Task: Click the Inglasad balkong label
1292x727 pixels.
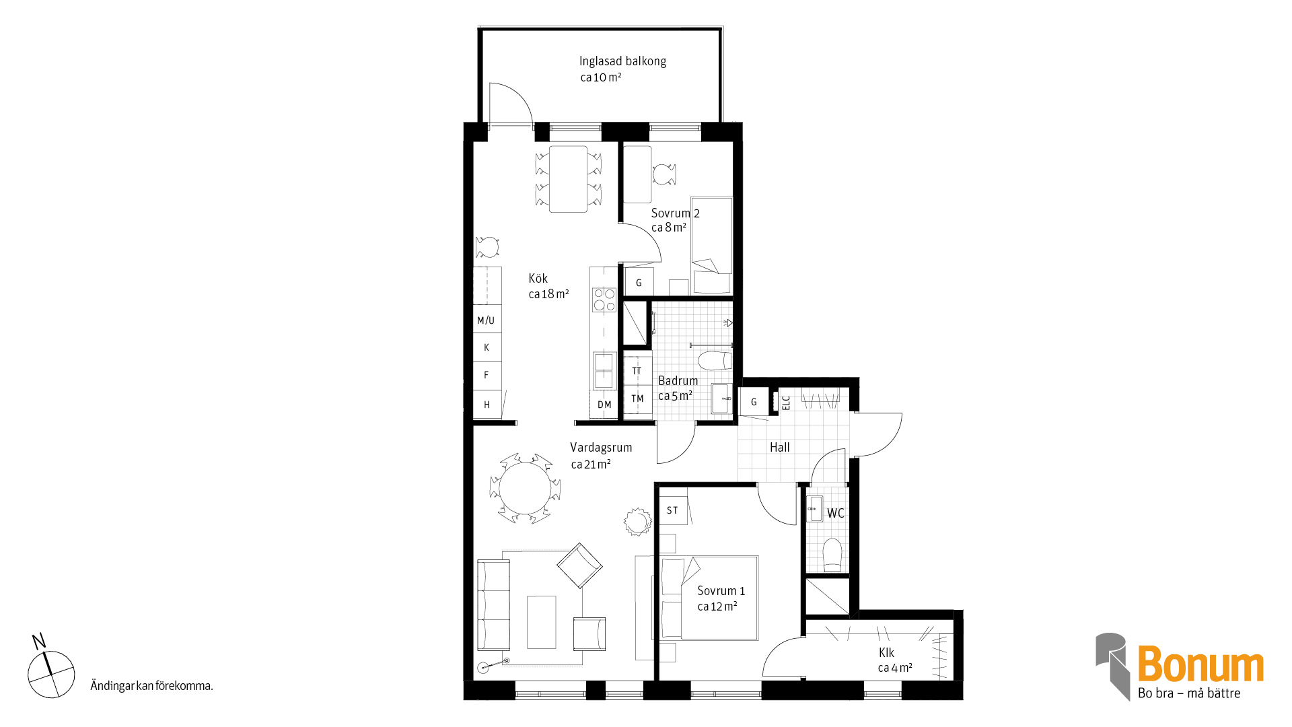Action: pos(622,61)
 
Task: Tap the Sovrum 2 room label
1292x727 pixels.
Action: pos(675,213)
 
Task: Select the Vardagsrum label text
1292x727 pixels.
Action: pos(601,448)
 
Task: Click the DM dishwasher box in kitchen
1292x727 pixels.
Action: pos(604,405)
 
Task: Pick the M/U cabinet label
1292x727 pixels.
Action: pos(486,320)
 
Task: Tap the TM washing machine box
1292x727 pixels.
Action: pos(637,399)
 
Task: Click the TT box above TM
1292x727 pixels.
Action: pos(637,370)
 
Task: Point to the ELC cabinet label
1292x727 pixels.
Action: pos(786,403)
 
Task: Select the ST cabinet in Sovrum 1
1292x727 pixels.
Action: pos(673,510)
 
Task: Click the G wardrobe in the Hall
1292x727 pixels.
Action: pos(754,402)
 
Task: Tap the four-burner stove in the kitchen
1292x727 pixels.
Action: pos(604,300)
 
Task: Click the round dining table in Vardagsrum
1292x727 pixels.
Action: pos(525,489)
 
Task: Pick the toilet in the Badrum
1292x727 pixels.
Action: pos(715,361)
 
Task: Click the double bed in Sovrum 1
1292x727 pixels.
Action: pos(709,598)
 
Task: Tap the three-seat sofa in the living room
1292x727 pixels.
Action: pos(493,604)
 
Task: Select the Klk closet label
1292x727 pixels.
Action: pos(886,652)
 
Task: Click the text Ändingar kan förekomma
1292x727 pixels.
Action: pos(151,686)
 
